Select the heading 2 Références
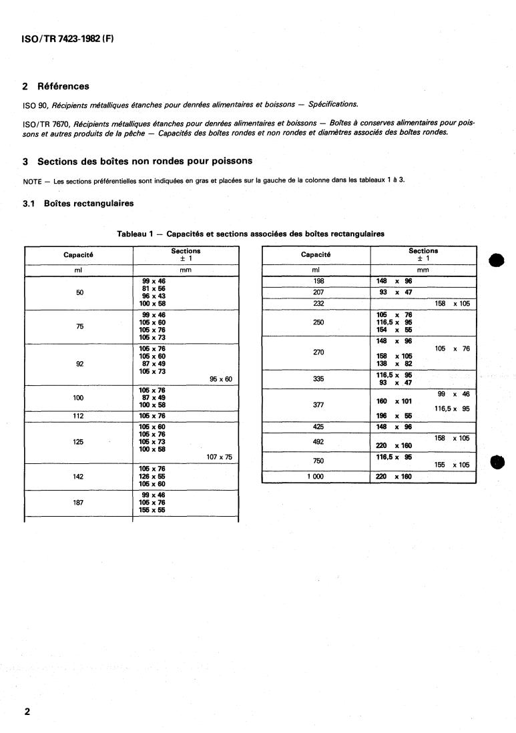click(55, 86)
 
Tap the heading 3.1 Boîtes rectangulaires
click(78, 204)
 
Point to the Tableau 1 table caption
click(250, 234)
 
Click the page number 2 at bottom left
click(27, 712)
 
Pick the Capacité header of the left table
click(79, 255)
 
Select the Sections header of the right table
click(423, 251)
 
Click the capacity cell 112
click(79, 416)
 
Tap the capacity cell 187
click(79, 503)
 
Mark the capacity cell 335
click(318, 379)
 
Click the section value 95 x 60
click(220, 379)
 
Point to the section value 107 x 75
click(218, 457)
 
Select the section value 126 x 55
click(152, 477)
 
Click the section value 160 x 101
click(395, 401)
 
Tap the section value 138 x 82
click(394, 363)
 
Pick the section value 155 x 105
click(452, 465)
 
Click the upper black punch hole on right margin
click(497, 260)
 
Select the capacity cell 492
click(318, 441)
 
